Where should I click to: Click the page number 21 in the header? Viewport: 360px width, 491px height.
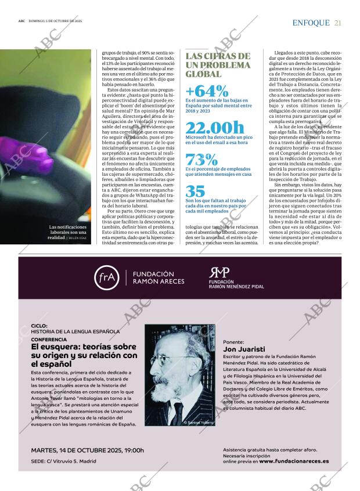[337, 23]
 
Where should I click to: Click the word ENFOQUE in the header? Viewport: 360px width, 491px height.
[311, 23]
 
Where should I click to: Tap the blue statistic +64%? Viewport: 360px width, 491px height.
[207, 91]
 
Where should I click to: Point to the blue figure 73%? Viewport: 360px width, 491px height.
[202, 160]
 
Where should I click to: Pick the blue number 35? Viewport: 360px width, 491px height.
[195, 191]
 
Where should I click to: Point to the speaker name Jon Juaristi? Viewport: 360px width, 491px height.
[244, 350]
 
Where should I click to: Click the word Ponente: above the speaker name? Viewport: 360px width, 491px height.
[233, 342]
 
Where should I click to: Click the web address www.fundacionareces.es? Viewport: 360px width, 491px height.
[294, 461]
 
